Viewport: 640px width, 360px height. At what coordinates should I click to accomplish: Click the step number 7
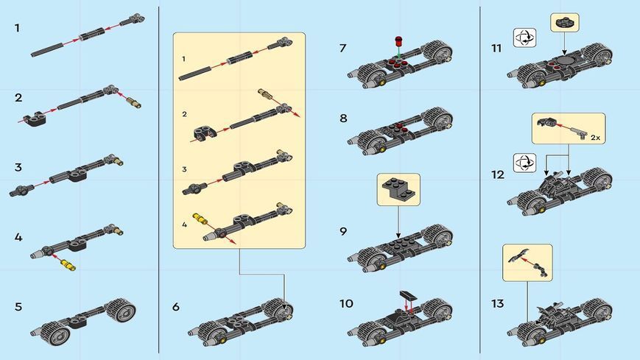point(343,48)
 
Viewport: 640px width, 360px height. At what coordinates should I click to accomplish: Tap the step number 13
point(498,303)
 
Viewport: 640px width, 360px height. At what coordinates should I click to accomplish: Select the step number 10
point(346,303)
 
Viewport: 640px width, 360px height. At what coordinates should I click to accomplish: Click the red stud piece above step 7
point(398,42)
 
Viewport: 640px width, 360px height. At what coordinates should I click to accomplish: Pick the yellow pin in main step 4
point(68,265)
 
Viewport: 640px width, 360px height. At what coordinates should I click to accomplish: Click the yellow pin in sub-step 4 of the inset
point(200,219)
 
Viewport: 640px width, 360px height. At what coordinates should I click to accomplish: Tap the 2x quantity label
point(596,138)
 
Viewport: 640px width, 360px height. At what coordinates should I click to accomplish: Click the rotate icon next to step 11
point(524,38)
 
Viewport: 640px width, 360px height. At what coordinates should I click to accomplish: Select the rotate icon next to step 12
point(524,163)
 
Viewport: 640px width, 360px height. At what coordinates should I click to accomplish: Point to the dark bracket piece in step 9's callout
point(398,190)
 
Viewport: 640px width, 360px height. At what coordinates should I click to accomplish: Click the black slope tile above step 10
point(407,295)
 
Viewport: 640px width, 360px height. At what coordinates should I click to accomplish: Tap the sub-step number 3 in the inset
point(185,169)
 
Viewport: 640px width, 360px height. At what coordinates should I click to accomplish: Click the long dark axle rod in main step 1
point(47,49)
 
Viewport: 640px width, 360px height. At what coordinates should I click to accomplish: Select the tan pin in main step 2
point(133,102)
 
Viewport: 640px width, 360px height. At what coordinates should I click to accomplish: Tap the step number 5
point(18,307)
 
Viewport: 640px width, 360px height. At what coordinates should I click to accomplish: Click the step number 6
point(176,307)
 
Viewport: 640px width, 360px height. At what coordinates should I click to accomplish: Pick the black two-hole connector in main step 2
point(35,118)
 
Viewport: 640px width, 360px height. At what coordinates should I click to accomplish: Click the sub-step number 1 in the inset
point(183,59)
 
